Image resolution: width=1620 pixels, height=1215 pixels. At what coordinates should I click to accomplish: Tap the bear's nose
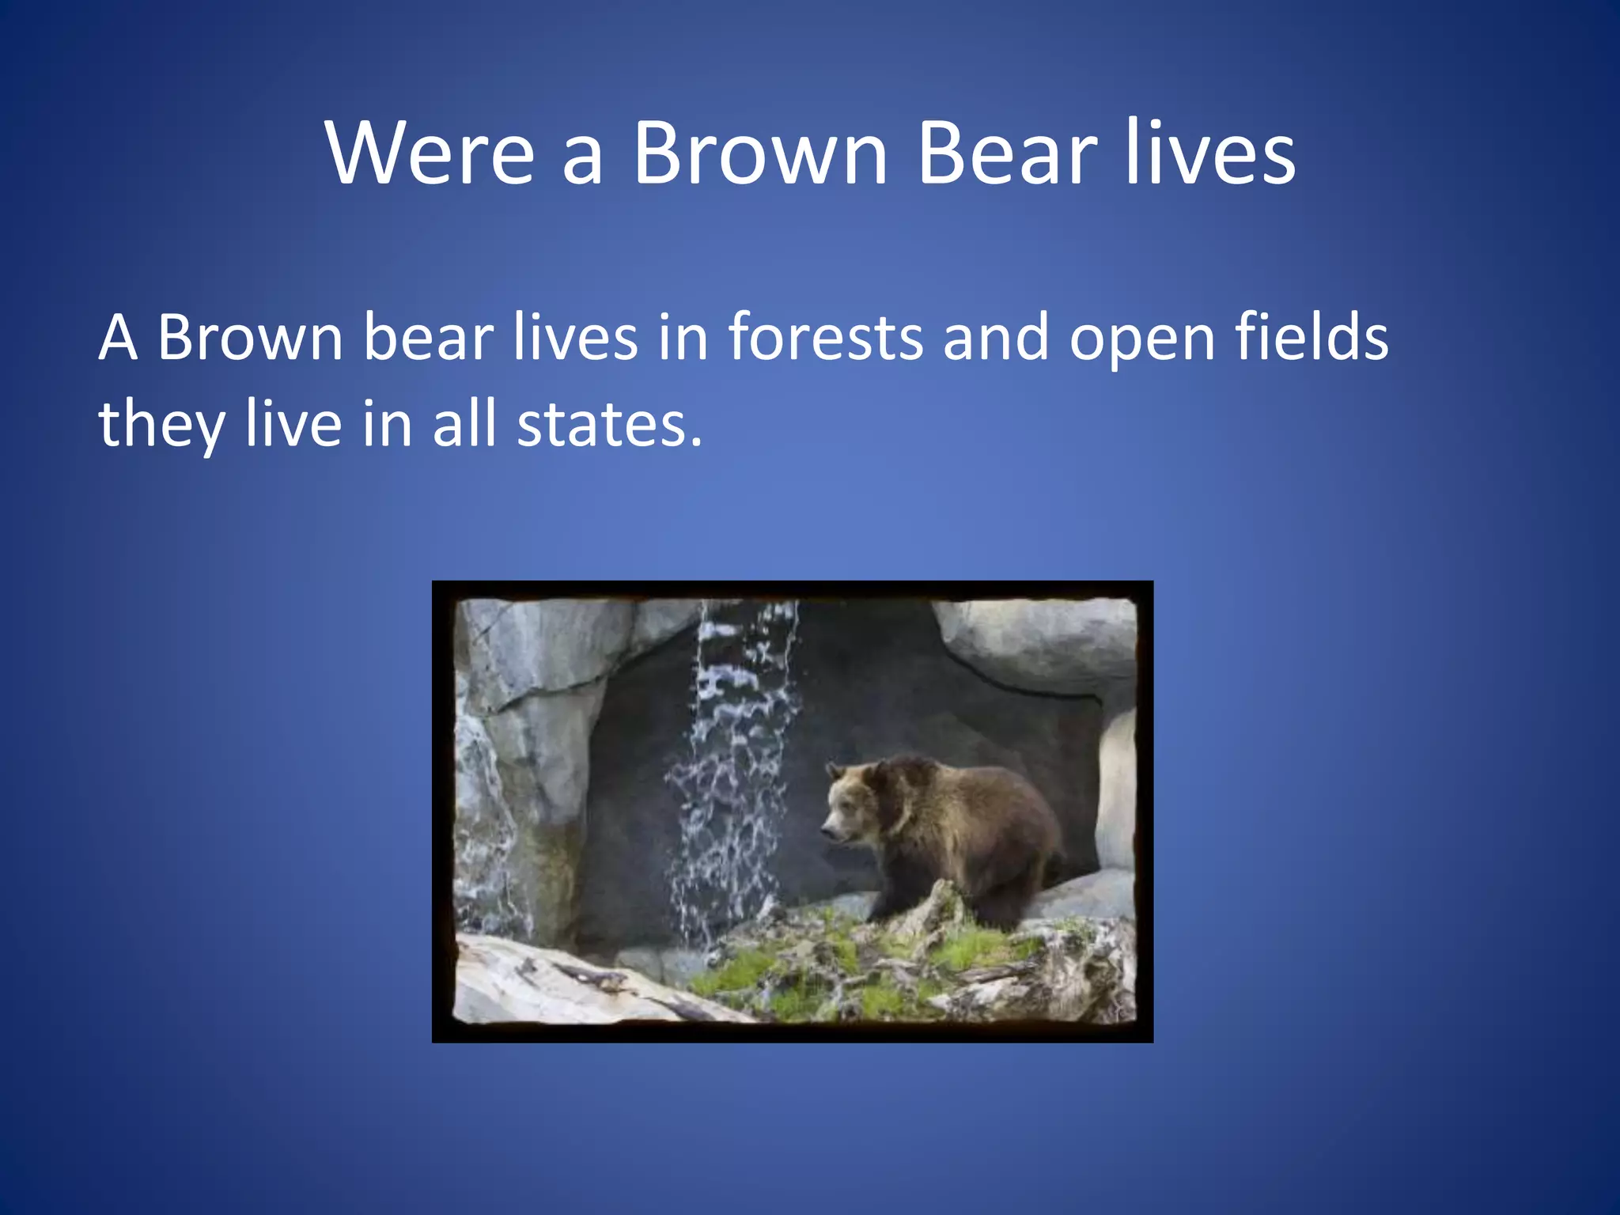[826, 831]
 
